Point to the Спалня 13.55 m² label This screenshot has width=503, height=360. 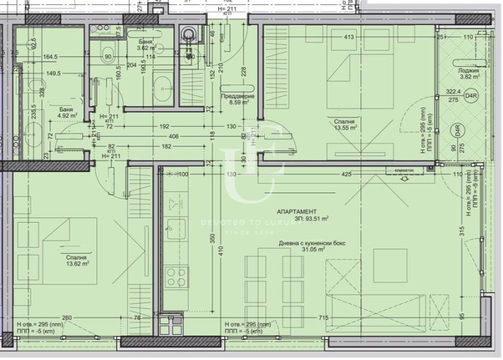(x=345, y=124)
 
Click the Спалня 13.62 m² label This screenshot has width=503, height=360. (x=74, y=261)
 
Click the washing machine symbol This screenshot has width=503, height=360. (x=188, y=35)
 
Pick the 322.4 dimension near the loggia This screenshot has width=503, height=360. (x=452, y=91)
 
